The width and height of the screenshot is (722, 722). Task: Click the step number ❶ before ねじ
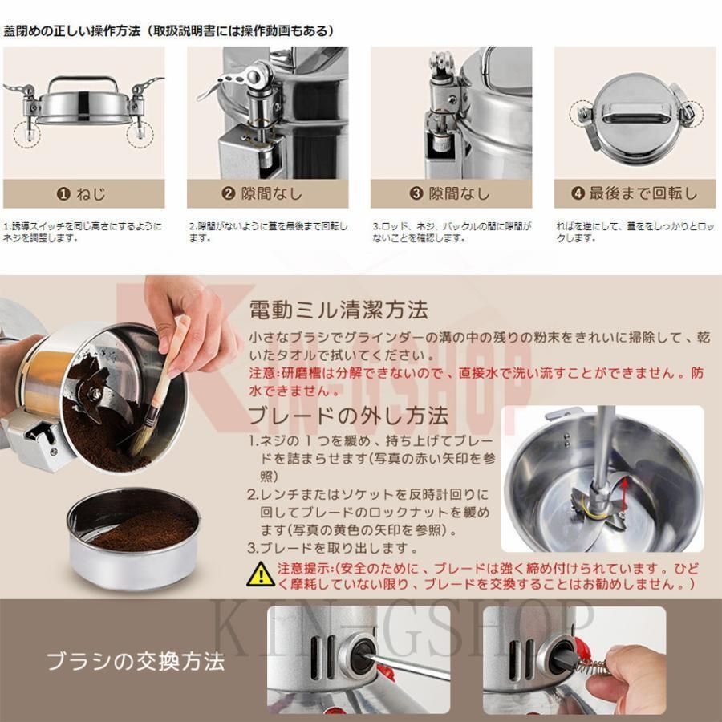pyautogui.click(x=63, y=194)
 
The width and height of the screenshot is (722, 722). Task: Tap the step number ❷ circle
pyautogui.click(x=229, y=194)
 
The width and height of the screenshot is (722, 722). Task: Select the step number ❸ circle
pyautogui.click(x=416, y=194)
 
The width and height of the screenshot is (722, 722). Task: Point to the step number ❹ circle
pyautogui.click(x=578, y=194)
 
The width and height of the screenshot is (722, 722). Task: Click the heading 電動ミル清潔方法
pyautogui.click(x=339, y=310)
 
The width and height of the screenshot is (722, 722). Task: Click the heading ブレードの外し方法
pyautogui.click(x=348, y=416)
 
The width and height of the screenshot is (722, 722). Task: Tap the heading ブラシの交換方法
pyautogui.click(x=136, y=662)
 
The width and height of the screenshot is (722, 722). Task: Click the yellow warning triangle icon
pyautogui.click(x=261, y=574)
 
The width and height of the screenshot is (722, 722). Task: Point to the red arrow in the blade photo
pyautogui.click(x=625, y=496)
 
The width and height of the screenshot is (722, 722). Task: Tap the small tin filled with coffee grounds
pyautogui.click(x=133, y=539)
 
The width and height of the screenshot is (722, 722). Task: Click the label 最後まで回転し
pyautogui.click(x=643, y=194)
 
